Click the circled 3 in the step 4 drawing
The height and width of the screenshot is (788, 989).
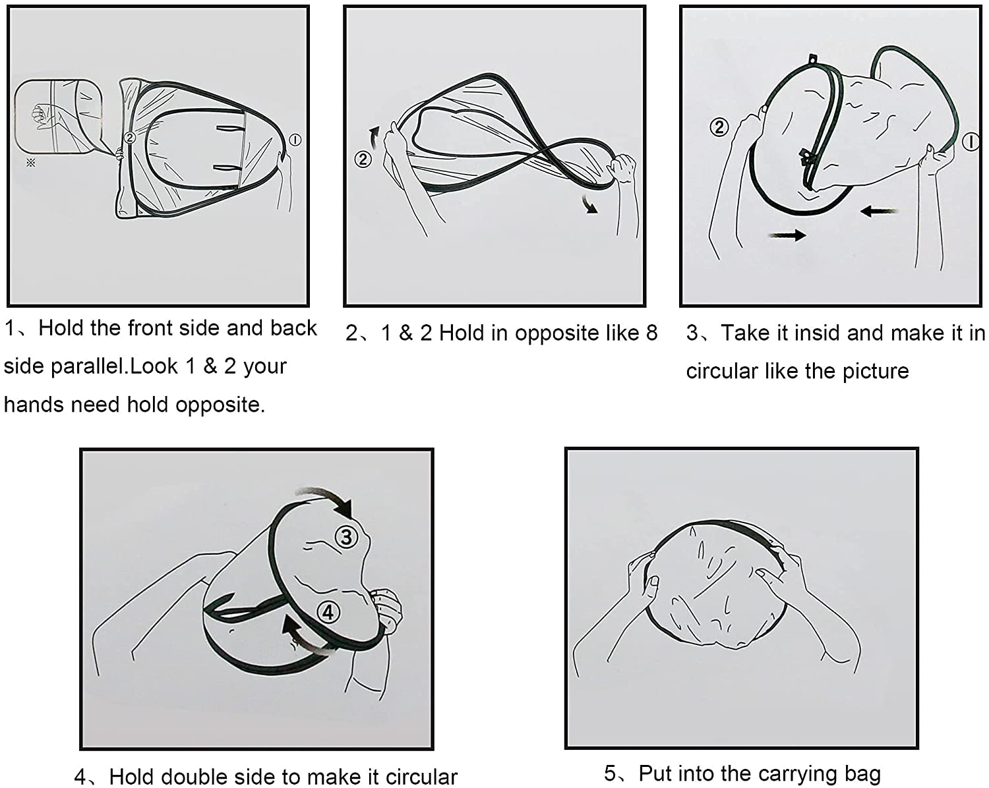tap(346, 536)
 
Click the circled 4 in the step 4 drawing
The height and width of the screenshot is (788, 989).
tap(328, 611)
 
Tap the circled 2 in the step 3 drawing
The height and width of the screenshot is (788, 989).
tap(719, 127)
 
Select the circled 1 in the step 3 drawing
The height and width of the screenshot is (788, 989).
tap(970, 142)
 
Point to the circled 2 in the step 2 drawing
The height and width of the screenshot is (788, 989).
tap(363, 159)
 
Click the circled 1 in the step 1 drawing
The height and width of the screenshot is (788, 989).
tap(295, 140)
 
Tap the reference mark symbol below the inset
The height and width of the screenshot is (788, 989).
tap(31, 163)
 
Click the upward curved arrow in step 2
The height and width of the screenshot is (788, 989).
tap(375, 137)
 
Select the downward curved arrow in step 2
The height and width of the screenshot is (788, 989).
tap(589, 205)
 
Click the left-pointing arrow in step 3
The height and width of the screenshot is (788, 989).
tap(879, 211)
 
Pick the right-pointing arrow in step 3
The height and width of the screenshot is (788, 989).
tap(788, 235)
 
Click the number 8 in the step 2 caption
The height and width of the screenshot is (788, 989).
tap(651, 333)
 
